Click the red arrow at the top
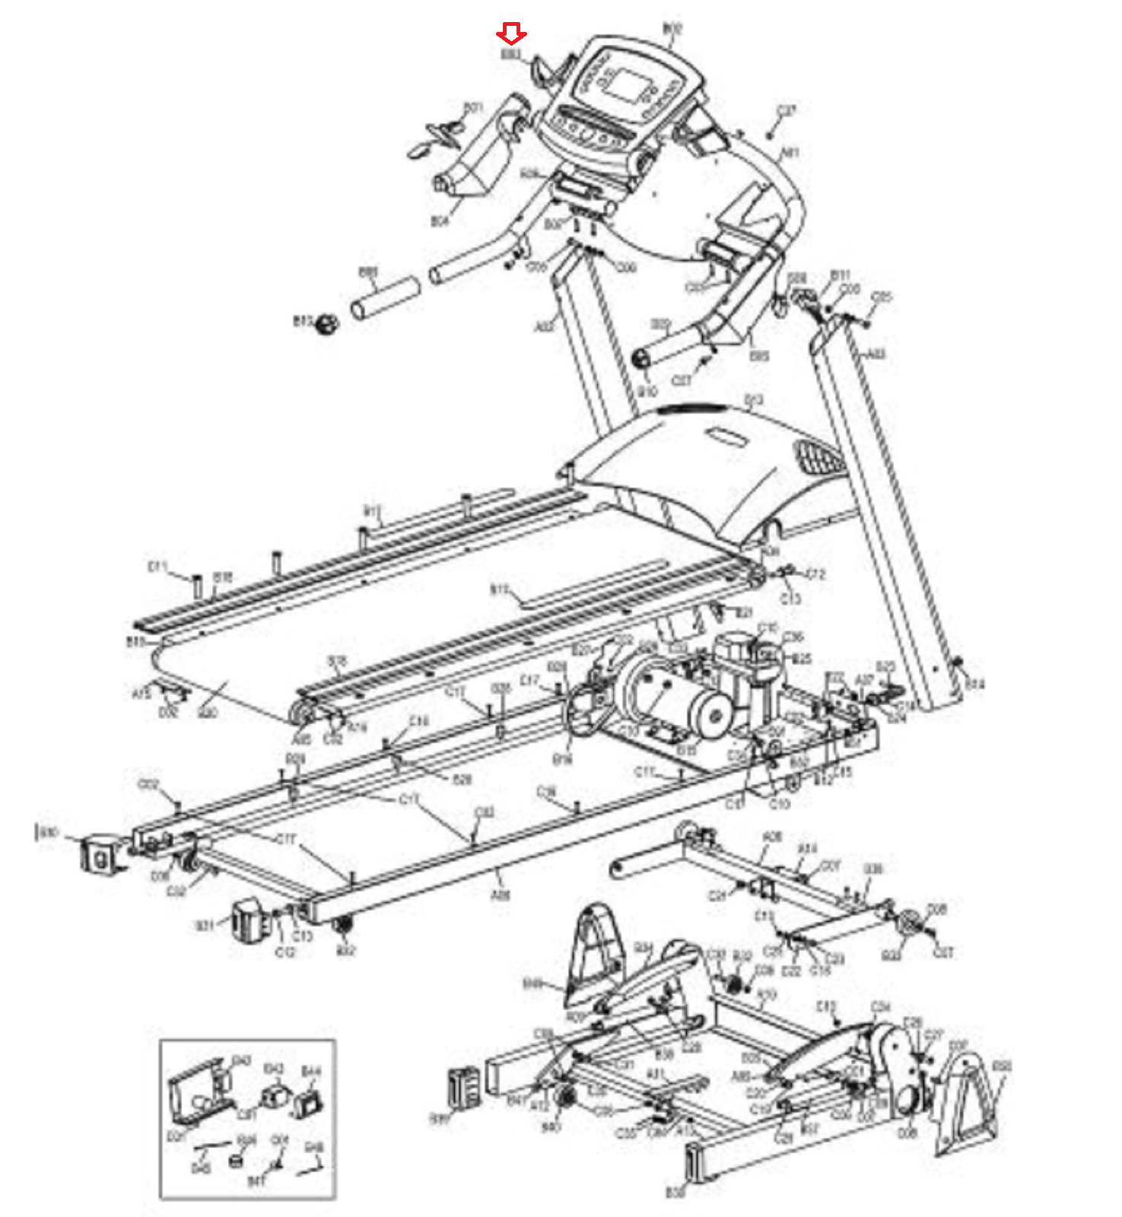pyautogui.click(x=511, y=34)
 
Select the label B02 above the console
pyautogui.click(x=672, y=29)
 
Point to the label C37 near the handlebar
pyautogui.click(x=786, y=111)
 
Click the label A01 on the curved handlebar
pyautogui.click(x=791, y=153)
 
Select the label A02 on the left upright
pyautogui.click(x=544, y=327)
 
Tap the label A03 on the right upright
pyautogui.click(x=876, y=354)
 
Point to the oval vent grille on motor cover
pyautogui.click(x=817, y=459)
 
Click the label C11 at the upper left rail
pyautogui.click(x=157, y=567)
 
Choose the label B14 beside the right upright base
pyautogui.click(x=974, y=685)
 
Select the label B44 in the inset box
pyautogui.click(x=311, y=1072)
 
